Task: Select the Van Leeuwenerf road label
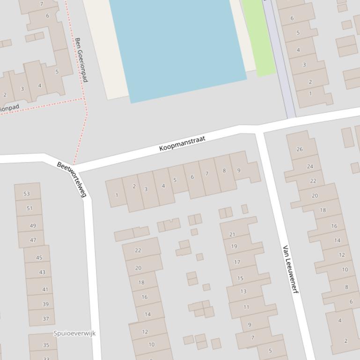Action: click(290, 269)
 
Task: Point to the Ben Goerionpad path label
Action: click(81, 60)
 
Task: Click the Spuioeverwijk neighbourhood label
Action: click(74, 333)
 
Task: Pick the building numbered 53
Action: click(27, 194)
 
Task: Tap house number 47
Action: click(33, 240)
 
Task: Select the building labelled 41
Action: click(45, 289)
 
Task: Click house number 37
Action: click(45, 318)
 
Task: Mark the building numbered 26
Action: click(300, 149)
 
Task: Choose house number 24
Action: click(310, 166)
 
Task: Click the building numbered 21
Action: click(232, 234)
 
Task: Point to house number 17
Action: click(237, 262)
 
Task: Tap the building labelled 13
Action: click(243, 291)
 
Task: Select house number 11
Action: click(246, 307)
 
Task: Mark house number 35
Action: click(46, 345)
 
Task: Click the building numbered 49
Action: click(33, 225)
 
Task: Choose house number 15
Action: click(240, 278)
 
